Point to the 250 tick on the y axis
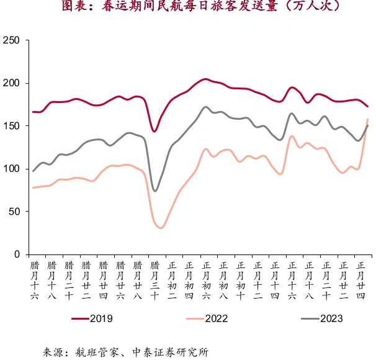pos(12,40)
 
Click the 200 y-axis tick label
pos(12,83)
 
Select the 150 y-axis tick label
pos(12,126)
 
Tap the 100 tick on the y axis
pos(12,169)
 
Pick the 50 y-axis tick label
pos(14,212)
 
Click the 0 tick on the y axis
pos(17,254)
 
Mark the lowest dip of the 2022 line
pos(161,228)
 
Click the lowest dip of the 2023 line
pos(154,191)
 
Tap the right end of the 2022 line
pos(368,119)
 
